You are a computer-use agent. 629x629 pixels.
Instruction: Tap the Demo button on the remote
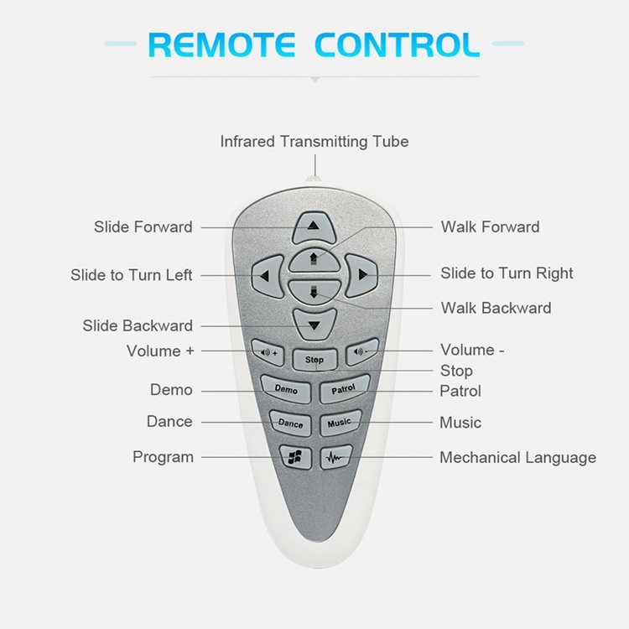pyautogui.click(x=286, y=388)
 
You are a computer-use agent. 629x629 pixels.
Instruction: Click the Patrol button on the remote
pyautogui.click(x=344, y=388)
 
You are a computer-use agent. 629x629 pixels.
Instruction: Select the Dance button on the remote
pyautogui.click(x=290, y=424)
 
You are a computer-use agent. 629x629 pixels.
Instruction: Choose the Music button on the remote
pyautogui.click(x=340, y=423)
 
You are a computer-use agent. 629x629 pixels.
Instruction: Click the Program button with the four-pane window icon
pyautogui.click(x=295, y=456)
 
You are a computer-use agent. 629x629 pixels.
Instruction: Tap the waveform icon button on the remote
pyautogui.click(x=335, y=456)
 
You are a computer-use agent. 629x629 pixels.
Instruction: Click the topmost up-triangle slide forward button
pyautogui.click(x=314, y=227)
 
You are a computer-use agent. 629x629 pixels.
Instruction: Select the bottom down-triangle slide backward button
pyautogui.click(x=314, y=324)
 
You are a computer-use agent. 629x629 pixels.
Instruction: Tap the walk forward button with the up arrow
pyautogui.click(x=314, y=260)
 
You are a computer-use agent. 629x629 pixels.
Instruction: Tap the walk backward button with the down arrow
pyautogui.click(x=314, y=292)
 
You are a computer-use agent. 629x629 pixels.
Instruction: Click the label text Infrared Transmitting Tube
pyautogui.click(x=314, y=142)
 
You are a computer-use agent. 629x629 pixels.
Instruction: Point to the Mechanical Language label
pyautogui.click(x=518, y=458)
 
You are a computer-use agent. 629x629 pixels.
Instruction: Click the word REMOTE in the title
pyautogui.click(x=222, y=44)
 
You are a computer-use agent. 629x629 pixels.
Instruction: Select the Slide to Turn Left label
pyautogui.click(x=132, y=275)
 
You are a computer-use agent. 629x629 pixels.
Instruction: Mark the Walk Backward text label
pyautogui.click(x=496, y=308)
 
